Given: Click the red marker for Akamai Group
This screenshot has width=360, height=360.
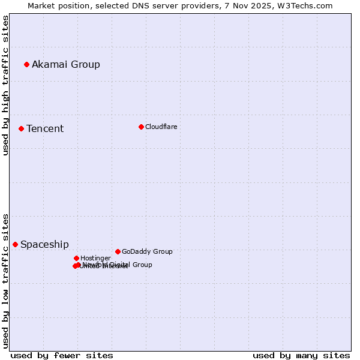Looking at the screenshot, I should pos(26,64).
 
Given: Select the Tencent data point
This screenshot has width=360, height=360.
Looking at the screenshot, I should pos(21,128).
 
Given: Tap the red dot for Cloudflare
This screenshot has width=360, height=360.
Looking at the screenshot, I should pos(141,127).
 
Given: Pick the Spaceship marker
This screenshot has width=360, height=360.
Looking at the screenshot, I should pos(15,244).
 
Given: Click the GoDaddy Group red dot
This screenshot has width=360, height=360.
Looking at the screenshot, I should pos(118,251).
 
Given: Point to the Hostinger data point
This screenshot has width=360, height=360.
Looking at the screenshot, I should pos(76,258).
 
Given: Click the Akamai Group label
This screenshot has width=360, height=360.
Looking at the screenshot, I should pos(66,64).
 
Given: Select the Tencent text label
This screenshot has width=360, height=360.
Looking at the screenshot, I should pos(45,128).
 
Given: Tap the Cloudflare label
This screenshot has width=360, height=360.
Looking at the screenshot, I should pos(161,127).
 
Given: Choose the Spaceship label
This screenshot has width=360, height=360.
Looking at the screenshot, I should pos(44,244).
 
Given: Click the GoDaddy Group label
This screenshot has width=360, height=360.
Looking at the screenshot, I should pos(147,251).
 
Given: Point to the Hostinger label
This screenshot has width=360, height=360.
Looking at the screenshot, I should pos(95,258).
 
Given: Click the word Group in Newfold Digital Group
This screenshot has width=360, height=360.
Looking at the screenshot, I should pos(142,265).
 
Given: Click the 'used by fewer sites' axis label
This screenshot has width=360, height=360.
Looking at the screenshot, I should pos(62,355).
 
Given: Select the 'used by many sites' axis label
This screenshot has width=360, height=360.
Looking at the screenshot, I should pos(301,355).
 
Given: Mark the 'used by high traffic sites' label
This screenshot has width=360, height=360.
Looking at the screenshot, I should pos(5,85).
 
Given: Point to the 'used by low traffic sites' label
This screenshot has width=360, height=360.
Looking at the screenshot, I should pos(5,280).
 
